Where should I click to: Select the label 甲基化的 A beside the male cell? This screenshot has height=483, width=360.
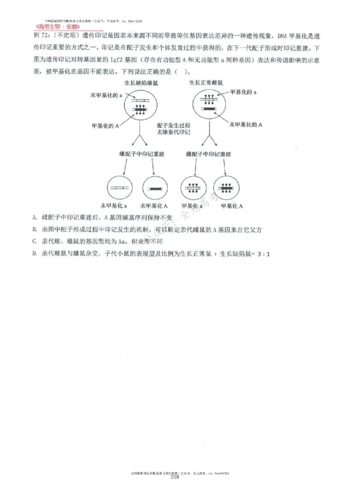(105, 127)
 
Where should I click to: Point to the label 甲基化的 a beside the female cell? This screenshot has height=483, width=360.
(243, 92)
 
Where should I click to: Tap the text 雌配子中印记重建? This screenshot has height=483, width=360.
(208, 154)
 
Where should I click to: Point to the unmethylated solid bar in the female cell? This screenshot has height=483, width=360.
(208, 109)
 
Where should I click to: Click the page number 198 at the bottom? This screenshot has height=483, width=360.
(175, 477)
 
